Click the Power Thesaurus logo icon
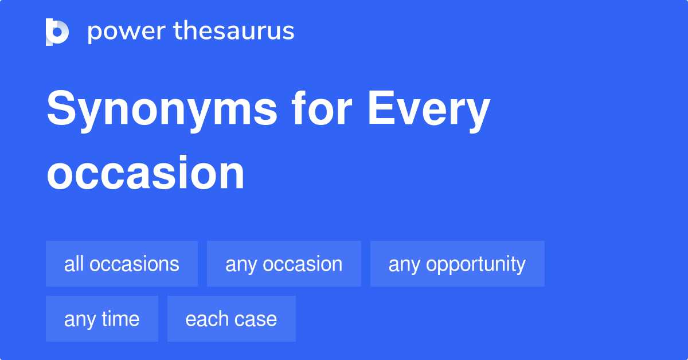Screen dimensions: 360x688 click(57, 32)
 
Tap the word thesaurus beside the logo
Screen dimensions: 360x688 click(234, 32)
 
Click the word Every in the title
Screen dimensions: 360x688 click(428, 111)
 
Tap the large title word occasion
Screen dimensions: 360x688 click(146, 173)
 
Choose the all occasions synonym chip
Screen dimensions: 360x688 click(122, 264)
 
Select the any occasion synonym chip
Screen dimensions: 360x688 click(284, 264)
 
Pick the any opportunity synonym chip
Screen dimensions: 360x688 click(457, 264)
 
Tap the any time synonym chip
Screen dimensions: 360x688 click(101, 319)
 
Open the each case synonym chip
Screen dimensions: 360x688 click(231, 319)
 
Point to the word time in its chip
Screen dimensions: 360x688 click(121, 319)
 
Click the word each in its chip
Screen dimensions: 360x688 click(204, 319)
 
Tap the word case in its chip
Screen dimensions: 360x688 click(258, 319)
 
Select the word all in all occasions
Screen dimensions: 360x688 click(74, 264)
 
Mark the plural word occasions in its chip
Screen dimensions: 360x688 click(135, 264)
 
